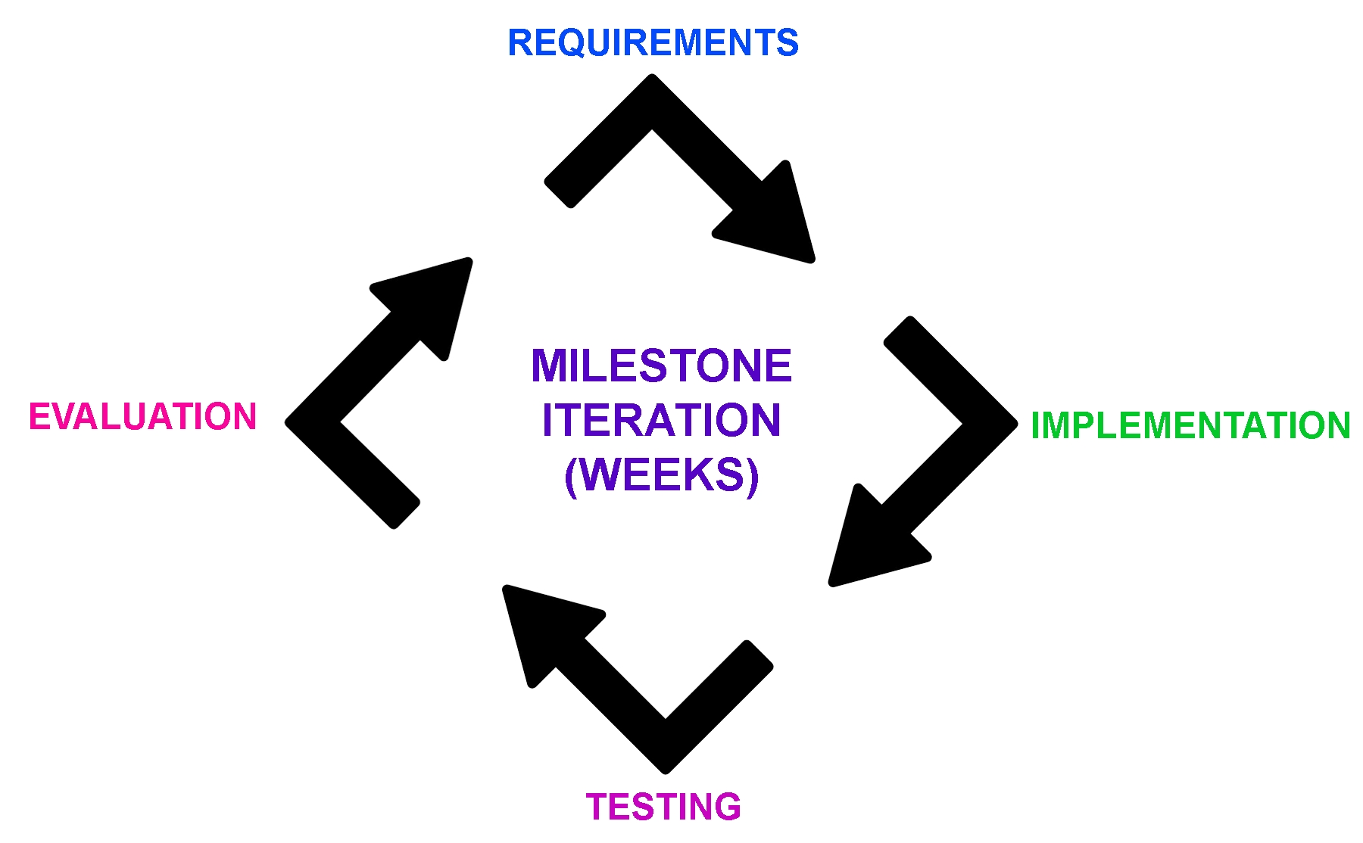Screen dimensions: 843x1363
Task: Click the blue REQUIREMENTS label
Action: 653,42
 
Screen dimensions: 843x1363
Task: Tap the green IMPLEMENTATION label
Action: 1190,425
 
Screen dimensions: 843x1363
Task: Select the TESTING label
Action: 663,807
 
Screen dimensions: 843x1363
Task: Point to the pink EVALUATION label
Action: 142,417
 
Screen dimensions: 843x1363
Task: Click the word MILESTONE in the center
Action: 661,366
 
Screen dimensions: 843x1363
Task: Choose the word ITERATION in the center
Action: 661,421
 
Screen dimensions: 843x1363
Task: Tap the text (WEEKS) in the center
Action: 661,475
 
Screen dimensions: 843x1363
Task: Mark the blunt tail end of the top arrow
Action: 559,194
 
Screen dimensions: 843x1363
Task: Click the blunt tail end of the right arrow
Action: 898,331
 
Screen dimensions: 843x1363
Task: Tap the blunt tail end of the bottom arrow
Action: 759,655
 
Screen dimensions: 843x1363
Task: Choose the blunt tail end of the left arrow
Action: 406,515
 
